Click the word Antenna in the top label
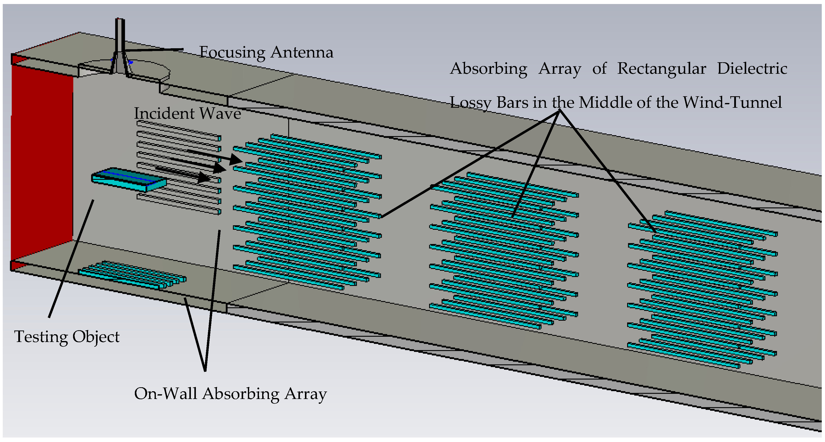point(302,52)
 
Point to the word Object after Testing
point(96,337)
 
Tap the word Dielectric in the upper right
point(752,69)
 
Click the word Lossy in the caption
point(471,103)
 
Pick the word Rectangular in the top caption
point(661,69)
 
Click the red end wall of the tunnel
point(42,160)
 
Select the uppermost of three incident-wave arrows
point(215,156)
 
